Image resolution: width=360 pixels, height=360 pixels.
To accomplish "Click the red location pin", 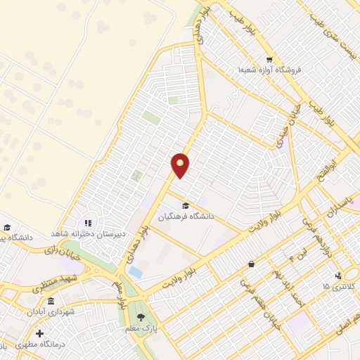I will pos(181,165).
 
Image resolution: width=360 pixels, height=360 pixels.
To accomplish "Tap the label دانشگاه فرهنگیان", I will pos(186,218).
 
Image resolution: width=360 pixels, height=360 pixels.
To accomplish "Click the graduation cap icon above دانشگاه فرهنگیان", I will pos(186,205).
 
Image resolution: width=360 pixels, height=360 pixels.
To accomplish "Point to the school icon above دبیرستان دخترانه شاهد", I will pos(89,222).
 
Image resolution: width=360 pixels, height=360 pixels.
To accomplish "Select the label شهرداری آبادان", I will pos(51,311).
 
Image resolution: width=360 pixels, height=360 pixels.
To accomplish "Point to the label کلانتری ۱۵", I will pos(335,287).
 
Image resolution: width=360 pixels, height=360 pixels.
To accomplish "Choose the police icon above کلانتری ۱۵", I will pos(338,276).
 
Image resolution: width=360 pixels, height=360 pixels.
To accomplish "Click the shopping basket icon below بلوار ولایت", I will pos(251,264).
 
